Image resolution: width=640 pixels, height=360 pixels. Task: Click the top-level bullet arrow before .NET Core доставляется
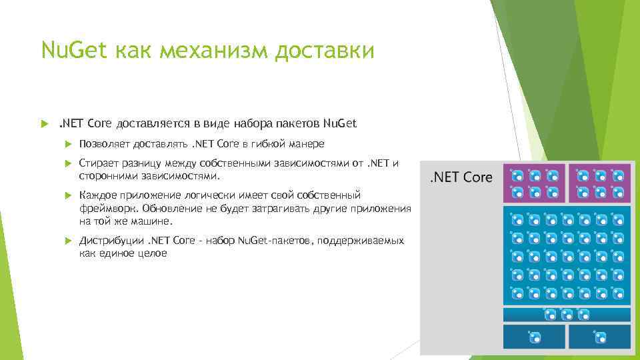click(x=45, y=123)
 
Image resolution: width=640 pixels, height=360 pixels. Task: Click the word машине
click(x=153, y=221)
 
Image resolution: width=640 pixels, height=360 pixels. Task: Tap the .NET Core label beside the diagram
click(x=460, y=177)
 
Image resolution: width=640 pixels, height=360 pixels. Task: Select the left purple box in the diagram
click(x=534, y=183)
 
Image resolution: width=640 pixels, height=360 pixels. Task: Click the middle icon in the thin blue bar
click(x=567, y=313)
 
